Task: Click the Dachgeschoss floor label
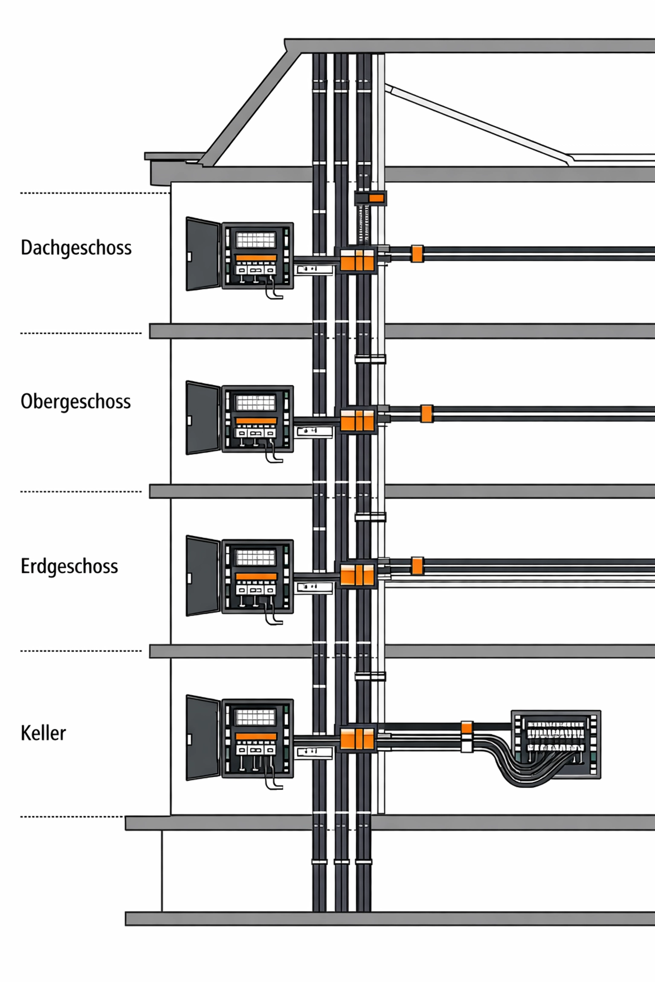click(76, 248)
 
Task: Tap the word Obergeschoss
click(75, 401)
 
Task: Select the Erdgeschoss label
click(69, 566)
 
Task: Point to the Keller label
click(43, 733)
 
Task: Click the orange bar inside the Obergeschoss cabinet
click(256, 421)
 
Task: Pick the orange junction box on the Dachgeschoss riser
click(357, 260)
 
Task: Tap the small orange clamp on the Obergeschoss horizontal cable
click(426, 413)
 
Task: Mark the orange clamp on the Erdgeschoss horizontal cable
click(417, 566)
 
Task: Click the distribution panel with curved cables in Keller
click(556, 744)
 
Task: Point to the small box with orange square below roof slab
click(371, 198)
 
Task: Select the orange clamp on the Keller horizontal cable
click(467, 727)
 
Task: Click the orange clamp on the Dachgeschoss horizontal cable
click(417, 254)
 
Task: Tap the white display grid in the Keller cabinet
click(256, 717)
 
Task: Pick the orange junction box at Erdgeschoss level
click(357, 574)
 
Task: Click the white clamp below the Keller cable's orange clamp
click(467, 745)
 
